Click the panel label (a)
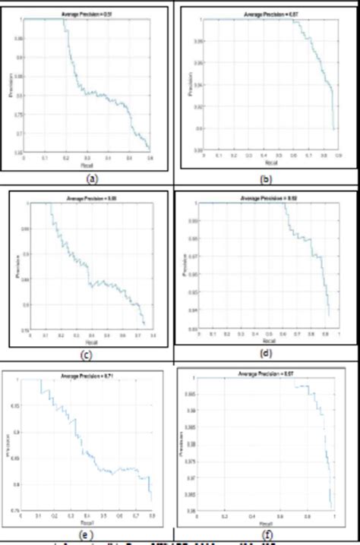coord(92,180)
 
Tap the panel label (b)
coord(264,180)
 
